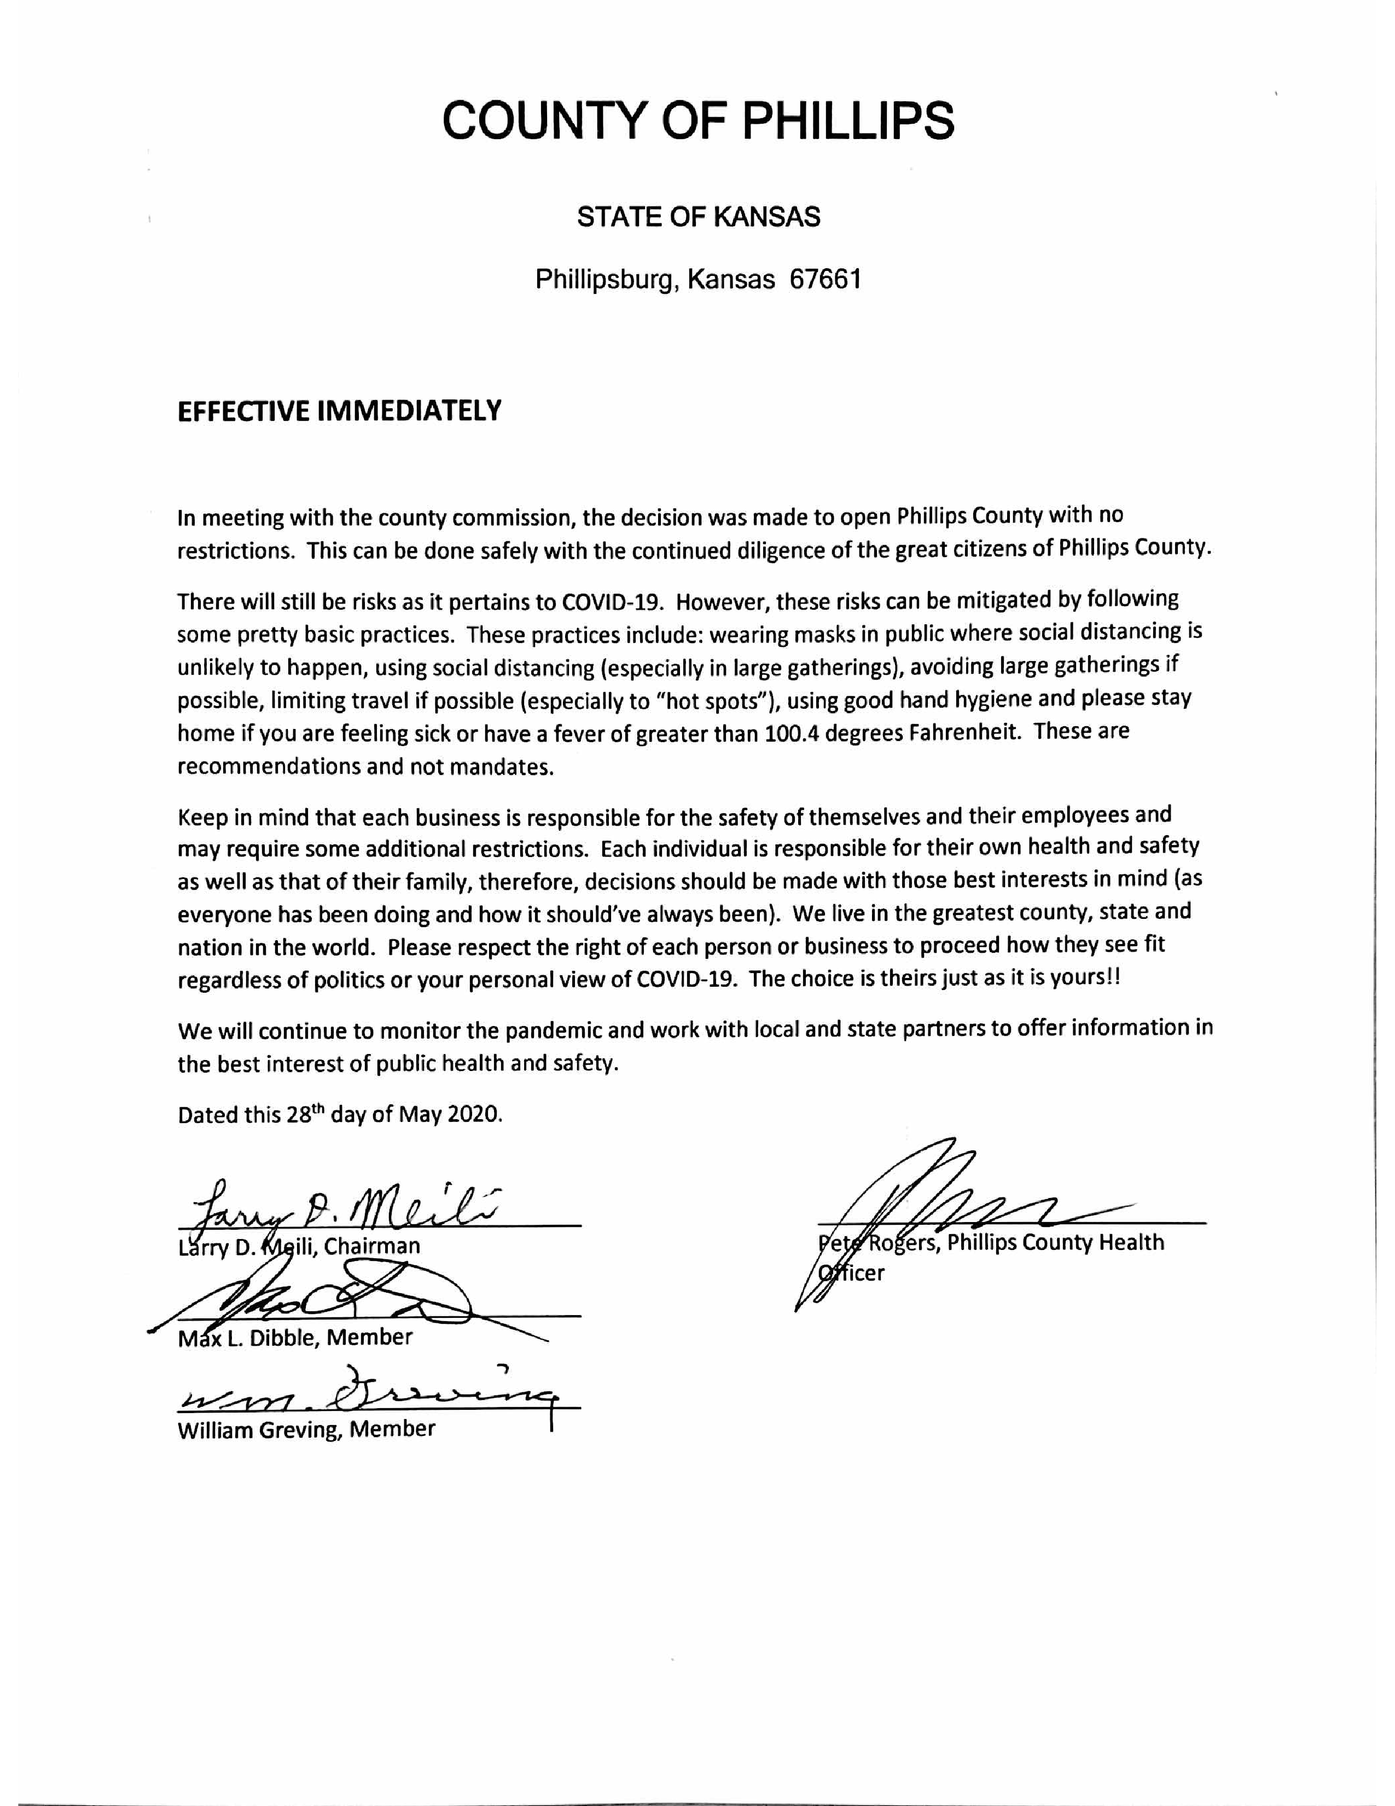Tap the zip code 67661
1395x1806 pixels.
click(x=825, y=280)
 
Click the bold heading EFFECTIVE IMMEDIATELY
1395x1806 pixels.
click(x=340, y=411)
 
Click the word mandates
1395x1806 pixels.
click(x=501, y=767)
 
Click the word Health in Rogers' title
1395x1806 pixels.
click(x=1131, y=1242)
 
